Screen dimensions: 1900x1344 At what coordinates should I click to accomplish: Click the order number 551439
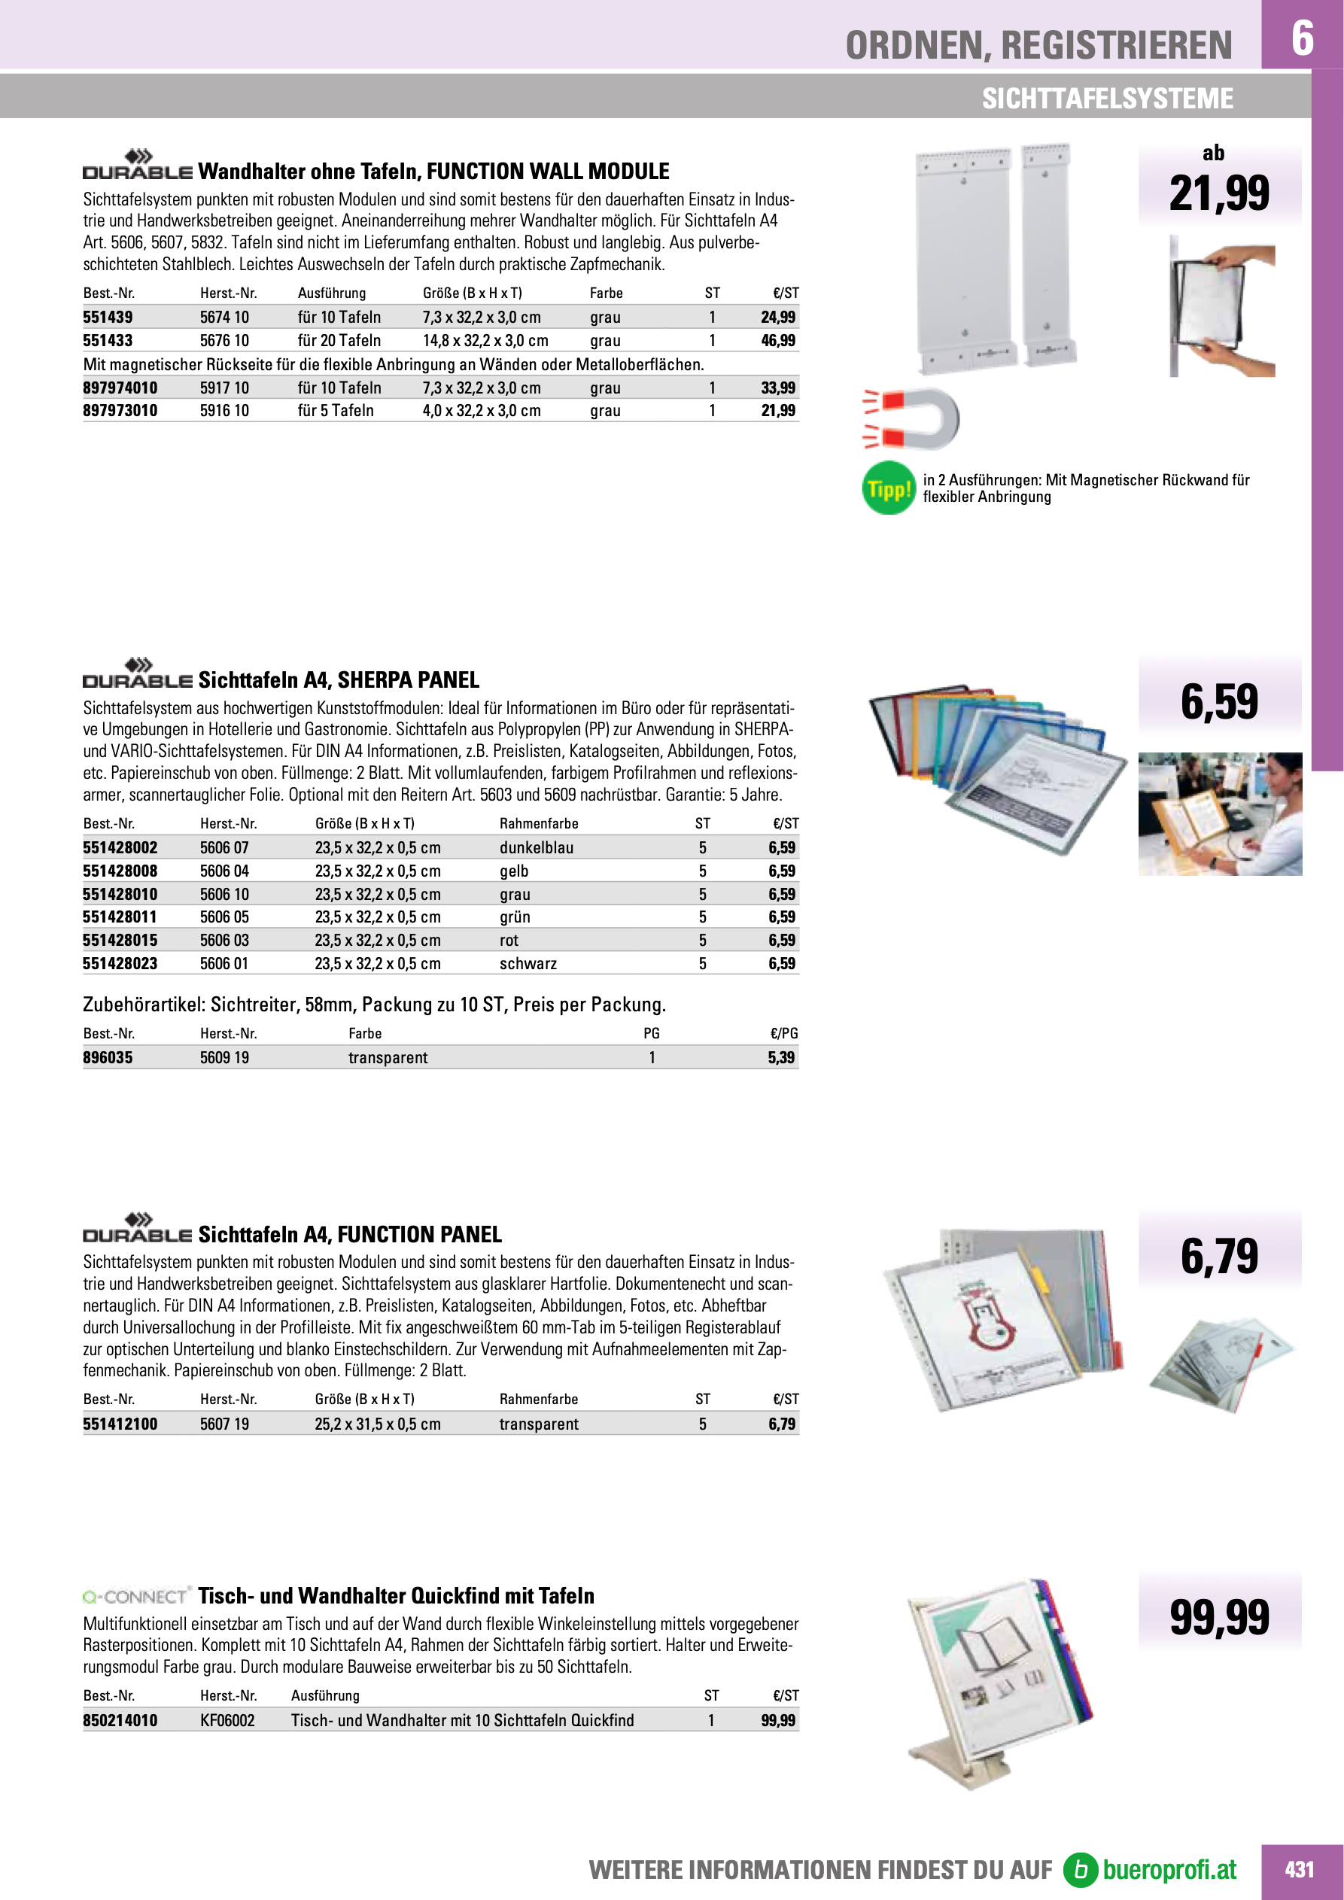108,317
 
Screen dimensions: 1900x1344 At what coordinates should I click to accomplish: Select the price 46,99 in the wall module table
777,340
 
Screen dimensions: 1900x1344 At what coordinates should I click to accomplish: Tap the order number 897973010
120,410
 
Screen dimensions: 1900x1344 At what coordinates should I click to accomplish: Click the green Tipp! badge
888,488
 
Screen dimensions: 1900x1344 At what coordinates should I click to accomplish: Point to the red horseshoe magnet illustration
911,418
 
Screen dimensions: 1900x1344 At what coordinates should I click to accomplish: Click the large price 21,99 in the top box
1218,193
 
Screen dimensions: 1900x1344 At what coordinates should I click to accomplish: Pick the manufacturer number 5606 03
224,940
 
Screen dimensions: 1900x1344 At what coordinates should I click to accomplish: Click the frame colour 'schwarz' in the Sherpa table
528,963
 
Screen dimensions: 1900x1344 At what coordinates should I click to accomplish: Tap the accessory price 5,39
780,1057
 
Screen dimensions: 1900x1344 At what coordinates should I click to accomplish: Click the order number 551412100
120,1424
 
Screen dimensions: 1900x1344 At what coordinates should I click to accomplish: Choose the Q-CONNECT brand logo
136,1595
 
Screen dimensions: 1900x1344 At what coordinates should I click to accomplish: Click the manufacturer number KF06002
227,1720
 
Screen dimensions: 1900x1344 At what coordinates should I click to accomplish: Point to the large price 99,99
1218,1618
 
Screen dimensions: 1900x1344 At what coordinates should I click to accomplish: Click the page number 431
1299,1869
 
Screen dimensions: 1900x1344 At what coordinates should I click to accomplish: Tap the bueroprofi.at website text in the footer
1169,1869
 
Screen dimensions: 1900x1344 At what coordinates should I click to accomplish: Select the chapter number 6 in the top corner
1302,37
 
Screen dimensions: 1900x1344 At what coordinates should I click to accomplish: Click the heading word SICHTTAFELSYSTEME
1106,99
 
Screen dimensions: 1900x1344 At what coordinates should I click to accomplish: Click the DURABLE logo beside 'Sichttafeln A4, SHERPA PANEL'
138,673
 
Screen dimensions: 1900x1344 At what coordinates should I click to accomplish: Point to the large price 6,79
1218,1256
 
